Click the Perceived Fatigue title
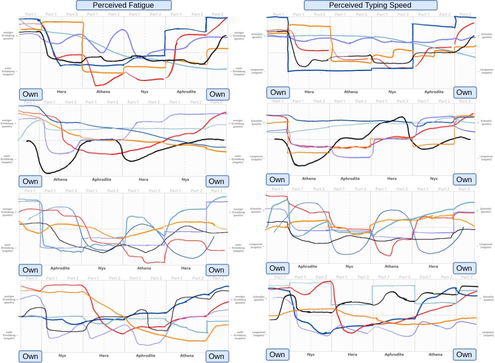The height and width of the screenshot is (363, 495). [x=124, y=5]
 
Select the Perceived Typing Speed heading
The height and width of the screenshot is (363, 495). [x=370, y=5]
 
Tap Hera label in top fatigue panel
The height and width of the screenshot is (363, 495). [x=61, y=92]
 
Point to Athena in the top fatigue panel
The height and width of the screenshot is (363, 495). [x=103, y=92]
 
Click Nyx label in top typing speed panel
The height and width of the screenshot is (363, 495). [x=392, y=92]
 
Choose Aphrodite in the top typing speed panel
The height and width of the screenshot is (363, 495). [x=434, y=92]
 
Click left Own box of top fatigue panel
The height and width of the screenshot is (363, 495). [x=31, y=94]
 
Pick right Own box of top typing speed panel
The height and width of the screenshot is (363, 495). [x=464, y=92]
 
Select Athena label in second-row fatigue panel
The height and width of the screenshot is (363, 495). [x=60, y=179]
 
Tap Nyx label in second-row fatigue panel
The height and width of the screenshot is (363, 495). [x=185, y=179]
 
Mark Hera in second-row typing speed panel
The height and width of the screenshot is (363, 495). [x=392, y=179]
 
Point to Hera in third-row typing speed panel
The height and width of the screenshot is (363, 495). [x=433, y=266]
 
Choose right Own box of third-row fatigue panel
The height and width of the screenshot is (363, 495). [x=216, y=270]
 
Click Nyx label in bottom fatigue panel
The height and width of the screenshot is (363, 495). [x=62, y=356]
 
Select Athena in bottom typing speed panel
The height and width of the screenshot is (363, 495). [x=435, y=354]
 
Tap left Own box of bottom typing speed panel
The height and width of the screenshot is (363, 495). [x=277, y=355]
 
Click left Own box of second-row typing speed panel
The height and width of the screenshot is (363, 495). [x=277, y=179]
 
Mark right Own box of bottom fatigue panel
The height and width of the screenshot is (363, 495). [x=216, y=356]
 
